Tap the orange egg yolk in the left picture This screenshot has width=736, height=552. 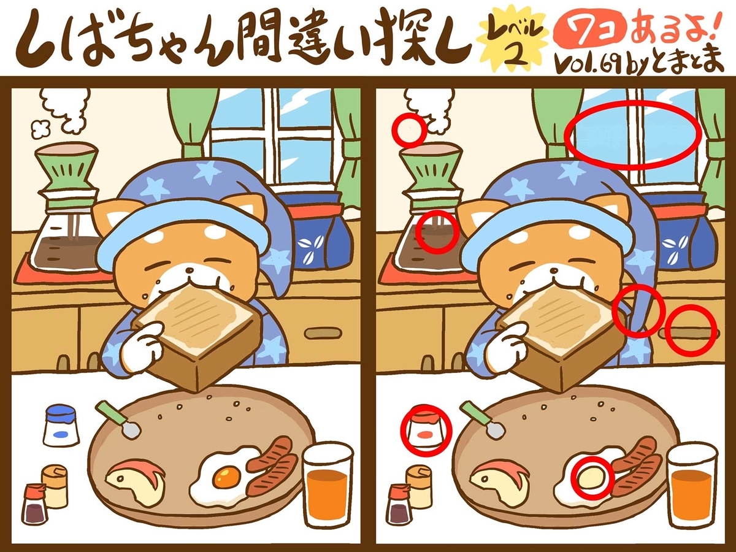click(x=226, y=475)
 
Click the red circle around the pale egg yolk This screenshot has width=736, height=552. click(x=592, y=478)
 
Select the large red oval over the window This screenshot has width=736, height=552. click(x=632, y=134)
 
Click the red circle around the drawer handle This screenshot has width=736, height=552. click(x=691, y=330)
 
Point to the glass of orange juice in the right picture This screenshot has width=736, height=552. click(x=691, y=485)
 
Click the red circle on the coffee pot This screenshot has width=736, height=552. click(x=437, y=232)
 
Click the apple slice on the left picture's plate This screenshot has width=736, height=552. click(x=136, y=481)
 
